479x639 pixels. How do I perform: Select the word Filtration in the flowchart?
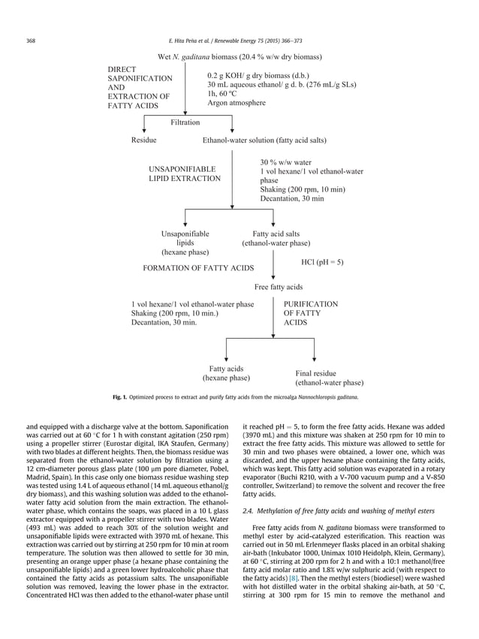185,122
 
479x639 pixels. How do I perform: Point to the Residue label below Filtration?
144,140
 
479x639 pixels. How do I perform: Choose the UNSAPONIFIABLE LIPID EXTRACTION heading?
185,174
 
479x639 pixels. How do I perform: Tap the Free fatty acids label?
279,287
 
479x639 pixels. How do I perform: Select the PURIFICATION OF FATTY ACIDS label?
310,313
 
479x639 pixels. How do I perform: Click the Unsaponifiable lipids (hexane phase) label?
185,243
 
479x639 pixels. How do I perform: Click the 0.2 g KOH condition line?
252,76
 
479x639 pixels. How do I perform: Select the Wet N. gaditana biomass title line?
239,57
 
